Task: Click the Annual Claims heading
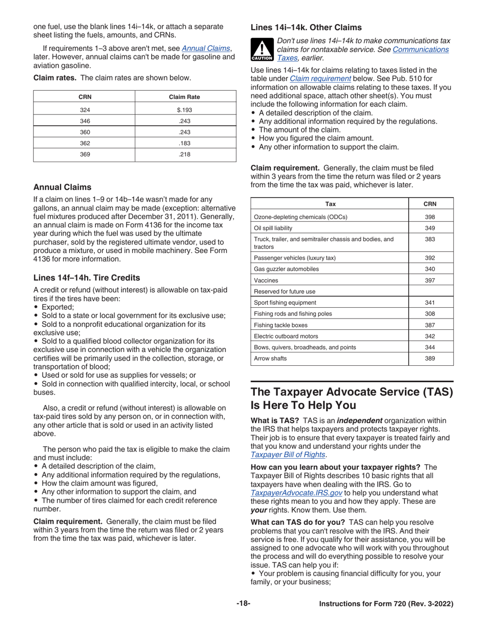point(63,187)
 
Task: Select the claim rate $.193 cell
point(185,110)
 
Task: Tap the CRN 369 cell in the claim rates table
point(85,155)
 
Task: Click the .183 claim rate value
point(185,144)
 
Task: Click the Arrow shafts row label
point(271,358)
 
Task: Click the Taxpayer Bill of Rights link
point(288,455)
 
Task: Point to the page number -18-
point(243,604)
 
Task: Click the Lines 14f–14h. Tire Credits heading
point(87,278)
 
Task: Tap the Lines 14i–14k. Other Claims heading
point(306,27)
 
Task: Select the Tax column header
point(331,204)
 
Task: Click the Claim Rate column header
point(185,97)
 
